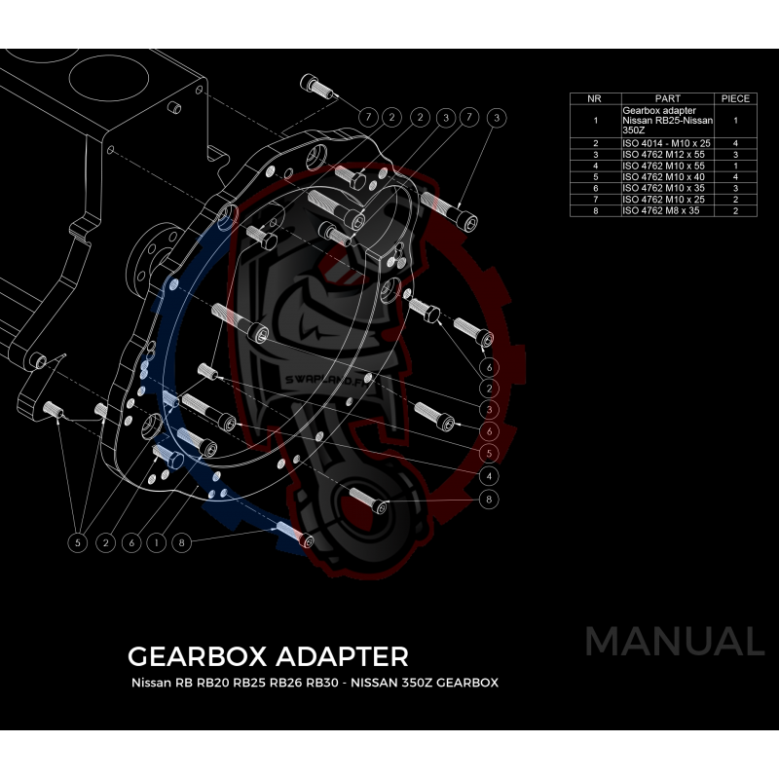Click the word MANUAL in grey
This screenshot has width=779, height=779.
coord(674,642)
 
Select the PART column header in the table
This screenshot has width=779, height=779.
coord(668,98)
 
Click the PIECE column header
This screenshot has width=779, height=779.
coord(735,98)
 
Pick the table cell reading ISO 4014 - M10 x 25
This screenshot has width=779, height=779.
coord(666,143)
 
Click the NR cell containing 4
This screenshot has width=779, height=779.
coord(594,166)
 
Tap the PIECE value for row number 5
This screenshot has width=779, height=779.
coord(735,176)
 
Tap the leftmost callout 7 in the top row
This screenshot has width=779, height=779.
coord(368,117)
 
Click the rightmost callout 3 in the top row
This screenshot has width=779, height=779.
coord(497,117)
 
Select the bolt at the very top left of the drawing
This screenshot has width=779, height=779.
coord(319,88)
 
